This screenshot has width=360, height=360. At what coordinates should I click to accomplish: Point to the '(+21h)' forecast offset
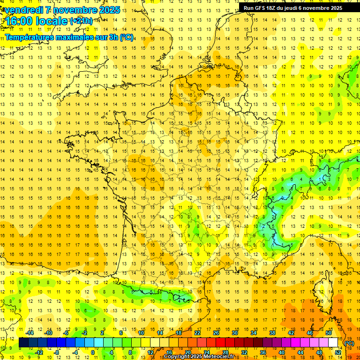click(x=81, y=21)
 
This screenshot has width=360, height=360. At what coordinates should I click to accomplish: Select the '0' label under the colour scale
click(x=93, y=352)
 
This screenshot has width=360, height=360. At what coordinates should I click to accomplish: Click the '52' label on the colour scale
click(x=338, y=352)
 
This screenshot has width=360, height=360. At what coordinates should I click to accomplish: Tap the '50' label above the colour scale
click(x=329, y=333)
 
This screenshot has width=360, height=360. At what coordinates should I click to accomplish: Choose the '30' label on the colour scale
click(x=235, y=333)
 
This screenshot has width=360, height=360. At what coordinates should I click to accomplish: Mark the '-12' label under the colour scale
click(x=39, y=352)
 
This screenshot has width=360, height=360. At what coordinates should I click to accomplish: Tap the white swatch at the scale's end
click(x=333, y=343)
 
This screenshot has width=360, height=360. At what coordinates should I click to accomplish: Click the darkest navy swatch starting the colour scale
click(x=24, y=343)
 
